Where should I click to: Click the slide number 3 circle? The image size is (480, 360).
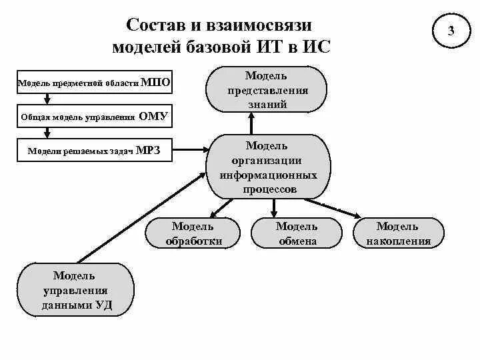tap(452, 31)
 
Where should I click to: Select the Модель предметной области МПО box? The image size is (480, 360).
tap(94, 83)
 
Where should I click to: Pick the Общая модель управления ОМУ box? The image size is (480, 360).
tap(94, 117)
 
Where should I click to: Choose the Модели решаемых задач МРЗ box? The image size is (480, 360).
tap(94, 151)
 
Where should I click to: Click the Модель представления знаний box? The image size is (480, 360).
tap(266, 89)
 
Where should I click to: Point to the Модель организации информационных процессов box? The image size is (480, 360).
tap(270, 167)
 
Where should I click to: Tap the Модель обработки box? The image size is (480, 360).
tap(193, 233)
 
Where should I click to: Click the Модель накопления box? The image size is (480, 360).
tap(398, 233)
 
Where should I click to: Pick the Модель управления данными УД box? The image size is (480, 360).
tap(76, 290)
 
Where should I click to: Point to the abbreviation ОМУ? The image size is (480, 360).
tap(153, 117)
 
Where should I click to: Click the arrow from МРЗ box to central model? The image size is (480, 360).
tap(189, 151)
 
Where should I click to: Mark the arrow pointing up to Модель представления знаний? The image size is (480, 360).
tap(251, 123)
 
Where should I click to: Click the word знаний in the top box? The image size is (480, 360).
tap(266, 104)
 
